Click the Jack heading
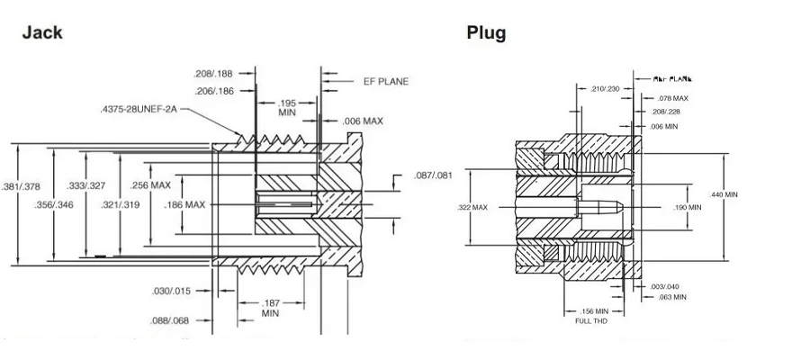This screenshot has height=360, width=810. coord(42,33)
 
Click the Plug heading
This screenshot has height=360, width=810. coord(486,33)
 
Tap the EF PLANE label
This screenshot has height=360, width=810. coord(386,81)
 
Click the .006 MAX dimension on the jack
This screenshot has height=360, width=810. coord(364,120)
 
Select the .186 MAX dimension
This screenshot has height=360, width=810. coord(184,204)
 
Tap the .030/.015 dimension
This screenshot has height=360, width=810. coord(169,290)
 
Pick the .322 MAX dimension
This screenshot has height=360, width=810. coord(472,207)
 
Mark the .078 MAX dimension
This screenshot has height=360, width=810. coord(671,98)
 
